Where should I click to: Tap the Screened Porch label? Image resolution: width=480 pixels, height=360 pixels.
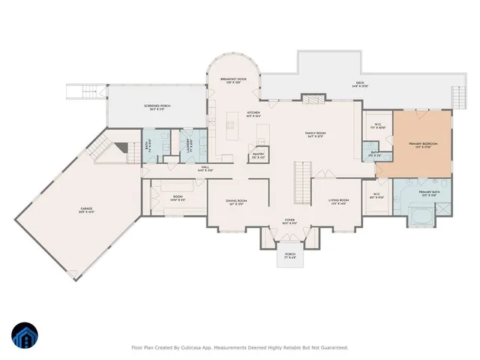click(x=157, y=107)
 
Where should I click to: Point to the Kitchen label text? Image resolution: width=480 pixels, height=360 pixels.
click(x=253, y=115)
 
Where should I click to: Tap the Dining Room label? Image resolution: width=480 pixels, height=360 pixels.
click(x=237, y=202)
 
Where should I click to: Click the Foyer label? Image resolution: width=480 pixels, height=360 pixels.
click(x=289, y=221)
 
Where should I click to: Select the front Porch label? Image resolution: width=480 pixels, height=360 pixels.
click(x=289, y=256)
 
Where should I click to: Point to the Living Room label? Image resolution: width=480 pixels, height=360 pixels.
click(x=339, y=201)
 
